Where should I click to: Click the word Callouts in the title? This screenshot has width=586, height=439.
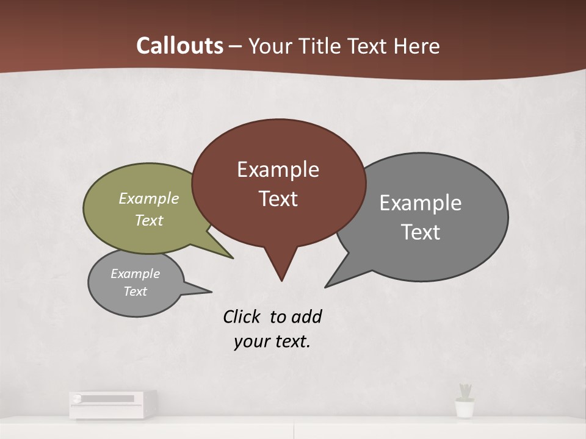pyautogui.click(x=179, y=46)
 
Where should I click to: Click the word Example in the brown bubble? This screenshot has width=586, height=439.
pyautogui.click(x=278, y=170)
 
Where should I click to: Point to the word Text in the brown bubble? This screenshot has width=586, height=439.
pyautogui.click(x=278, y=199)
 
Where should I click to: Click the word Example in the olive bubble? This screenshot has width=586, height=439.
pyautogui.click(x=149, y=198)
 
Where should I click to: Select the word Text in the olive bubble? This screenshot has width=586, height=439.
pyautogui.click(x=149, y=220)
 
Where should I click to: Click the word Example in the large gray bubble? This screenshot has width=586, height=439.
pyautogui.click(x=421, y=203)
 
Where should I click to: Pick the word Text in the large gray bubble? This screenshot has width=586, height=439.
pyautogui.click(x=421, y=232)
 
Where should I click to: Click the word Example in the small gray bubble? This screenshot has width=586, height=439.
pyautogui.click(x=135, y=274)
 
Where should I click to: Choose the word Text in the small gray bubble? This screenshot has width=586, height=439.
pyautogui.click(x=135, y=291)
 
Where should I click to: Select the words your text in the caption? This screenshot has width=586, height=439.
pyautogui.click(x=272, y=341)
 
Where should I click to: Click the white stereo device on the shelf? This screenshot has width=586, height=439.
pyautogui.click(x=112, y=404)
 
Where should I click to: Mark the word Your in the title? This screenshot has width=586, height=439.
pyautogui.click(x=269, y=46)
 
